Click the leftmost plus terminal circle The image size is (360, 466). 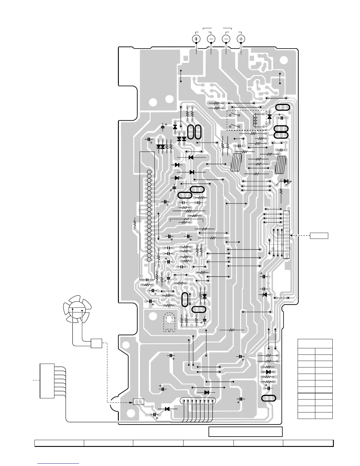[196, 39]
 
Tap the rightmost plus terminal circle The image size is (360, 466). [241, 39]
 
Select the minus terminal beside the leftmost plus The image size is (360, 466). [211, 39]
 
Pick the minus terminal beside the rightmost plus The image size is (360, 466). [226, 39]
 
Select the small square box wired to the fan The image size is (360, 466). [96, 343]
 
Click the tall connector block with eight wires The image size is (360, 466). [47, 381]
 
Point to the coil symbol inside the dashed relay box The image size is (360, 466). [255, 121]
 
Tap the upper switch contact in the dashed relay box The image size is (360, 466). [234, 114]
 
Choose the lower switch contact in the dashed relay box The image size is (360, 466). [234, 127]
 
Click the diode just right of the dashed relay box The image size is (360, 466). [269, 117]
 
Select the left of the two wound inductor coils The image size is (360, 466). [236, 162]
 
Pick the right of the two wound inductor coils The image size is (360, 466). [281, 164]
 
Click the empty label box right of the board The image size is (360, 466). [319, 235]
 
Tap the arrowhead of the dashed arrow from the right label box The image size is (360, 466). [291, 235]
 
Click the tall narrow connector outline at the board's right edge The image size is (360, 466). [286, 234]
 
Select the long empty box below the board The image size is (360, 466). [246, 432]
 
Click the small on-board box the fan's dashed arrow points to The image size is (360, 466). [139, 402]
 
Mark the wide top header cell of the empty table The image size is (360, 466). [315, 344]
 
